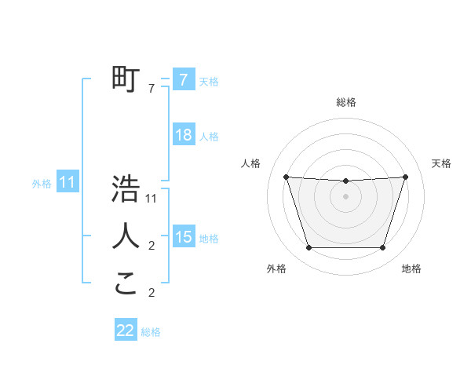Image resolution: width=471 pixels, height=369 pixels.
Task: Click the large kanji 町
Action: pos(126,79)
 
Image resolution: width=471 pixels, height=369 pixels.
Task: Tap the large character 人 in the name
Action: pos(126,236)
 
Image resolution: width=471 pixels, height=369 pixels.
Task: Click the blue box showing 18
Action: pos(183,135)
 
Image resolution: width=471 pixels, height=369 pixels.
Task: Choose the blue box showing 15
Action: pos(183,237)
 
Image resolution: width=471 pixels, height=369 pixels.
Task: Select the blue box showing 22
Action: pos(126,331)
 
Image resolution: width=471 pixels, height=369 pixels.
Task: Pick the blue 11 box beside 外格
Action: pos(68,183)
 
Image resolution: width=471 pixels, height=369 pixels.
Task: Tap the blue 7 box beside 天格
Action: pos(183,80)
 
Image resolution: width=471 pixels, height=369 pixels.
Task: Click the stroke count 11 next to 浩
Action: pos(152,199)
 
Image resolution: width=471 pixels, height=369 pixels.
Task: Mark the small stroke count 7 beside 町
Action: pos(152,90)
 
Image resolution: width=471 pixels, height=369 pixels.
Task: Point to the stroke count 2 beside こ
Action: pos(152,294)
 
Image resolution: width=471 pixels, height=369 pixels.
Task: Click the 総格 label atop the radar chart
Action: pos(345,102)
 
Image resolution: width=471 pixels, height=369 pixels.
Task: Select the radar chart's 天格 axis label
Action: pos(441,163)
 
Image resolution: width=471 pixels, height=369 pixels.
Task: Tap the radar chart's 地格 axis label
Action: pos(411,269)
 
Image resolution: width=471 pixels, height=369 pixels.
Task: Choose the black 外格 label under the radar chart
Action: pos(276,269)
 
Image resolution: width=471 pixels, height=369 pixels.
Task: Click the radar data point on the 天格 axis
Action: pos(405,177)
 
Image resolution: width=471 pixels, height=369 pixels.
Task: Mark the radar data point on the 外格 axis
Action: pos(309,248)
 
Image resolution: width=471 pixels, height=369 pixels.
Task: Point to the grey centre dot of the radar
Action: pos(345,196)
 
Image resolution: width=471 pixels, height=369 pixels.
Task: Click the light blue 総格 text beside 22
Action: pos(151,332)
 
